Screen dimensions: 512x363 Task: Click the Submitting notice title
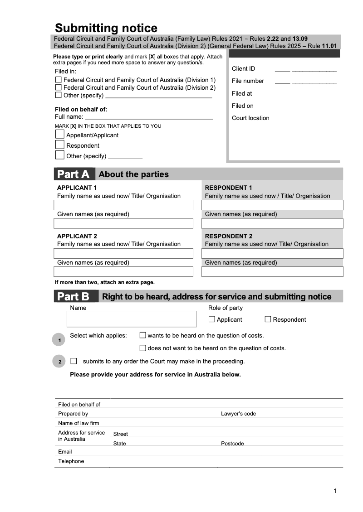tap(106, 28)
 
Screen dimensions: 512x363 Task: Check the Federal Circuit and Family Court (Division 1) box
tap(58, 80)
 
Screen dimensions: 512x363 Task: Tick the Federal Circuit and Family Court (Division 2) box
tap(58, 87)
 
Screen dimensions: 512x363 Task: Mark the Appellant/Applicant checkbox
tap(59, 135)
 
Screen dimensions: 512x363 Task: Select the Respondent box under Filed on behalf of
tap(59, 145)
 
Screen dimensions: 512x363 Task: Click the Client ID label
tap(243, 69)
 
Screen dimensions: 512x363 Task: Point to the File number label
tap(248, 81)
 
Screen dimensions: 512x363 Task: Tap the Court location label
tap(250, 118)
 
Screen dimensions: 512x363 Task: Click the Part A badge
tap(74, 174)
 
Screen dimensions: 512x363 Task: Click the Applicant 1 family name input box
tap(123, 205)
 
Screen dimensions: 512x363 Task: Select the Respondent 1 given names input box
tap(272, 223)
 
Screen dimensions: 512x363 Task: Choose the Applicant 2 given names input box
tap(123, 271)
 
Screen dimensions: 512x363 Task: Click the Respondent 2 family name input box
tap(272, 253)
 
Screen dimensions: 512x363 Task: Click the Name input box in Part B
tap(132, 319)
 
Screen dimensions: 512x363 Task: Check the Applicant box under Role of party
tap(211, 319)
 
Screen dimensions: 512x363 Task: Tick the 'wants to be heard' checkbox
tap(142, 336)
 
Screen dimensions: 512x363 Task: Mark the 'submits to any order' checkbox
tap(74, 361)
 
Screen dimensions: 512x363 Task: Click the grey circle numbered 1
tap(59, 340)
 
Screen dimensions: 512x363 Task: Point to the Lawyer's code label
tap(238, 414)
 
